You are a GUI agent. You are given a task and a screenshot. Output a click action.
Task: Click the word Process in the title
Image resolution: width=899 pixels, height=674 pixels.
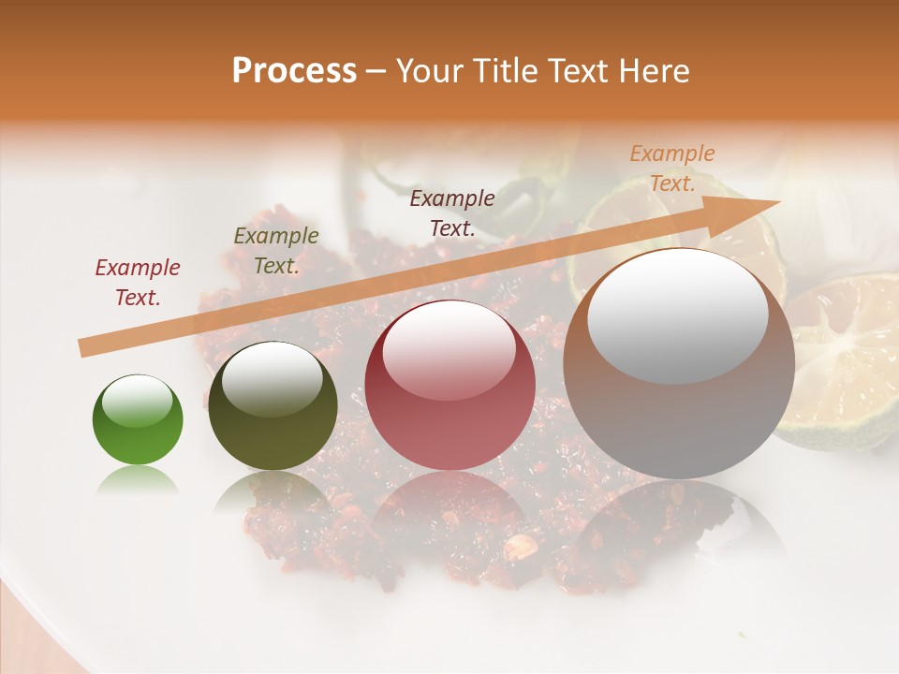tap(294, 71)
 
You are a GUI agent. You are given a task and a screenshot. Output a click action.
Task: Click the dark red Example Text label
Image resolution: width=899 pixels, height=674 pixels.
tap(138, 283)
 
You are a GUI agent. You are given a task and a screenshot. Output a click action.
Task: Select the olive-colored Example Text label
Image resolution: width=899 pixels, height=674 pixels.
tap(276, 251)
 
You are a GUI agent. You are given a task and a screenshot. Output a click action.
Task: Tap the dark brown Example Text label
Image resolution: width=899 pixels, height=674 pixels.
tap(452, 213)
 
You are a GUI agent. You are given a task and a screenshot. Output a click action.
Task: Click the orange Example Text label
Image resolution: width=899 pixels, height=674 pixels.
tap(672, 168)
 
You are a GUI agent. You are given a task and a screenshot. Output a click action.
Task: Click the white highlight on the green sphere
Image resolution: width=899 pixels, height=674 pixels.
tap(138, 402)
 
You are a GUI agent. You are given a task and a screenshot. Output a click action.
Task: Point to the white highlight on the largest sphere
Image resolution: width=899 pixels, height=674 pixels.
tap(677, 315)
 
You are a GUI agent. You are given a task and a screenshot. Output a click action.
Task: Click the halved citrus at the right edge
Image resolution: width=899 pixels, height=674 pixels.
tap(847, 360)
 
